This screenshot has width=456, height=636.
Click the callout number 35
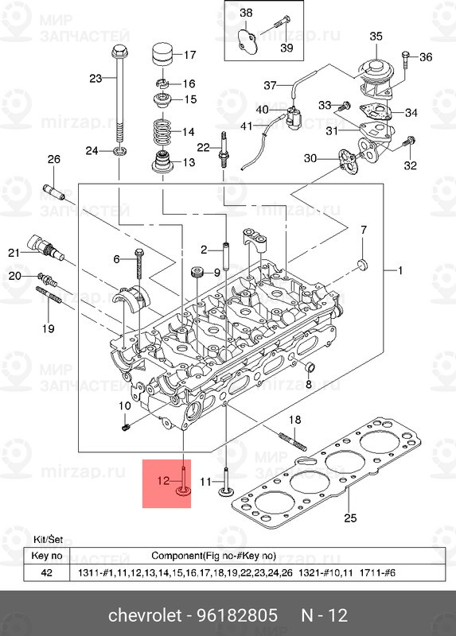pos(376,36)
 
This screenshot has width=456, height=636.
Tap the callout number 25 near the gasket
pos(348,519)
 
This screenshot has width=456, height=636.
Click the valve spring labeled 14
pos(162,132)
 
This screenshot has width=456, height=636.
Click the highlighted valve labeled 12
pos(183,484)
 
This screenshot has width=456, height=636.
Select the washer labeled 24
pos(119,150)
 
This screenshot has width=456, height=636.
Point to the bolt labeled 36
pos(407,56)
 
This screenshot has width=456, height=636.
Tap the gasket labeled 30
pos(348,159)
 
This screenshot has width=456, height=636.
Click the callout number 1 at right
pos(401,271)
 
